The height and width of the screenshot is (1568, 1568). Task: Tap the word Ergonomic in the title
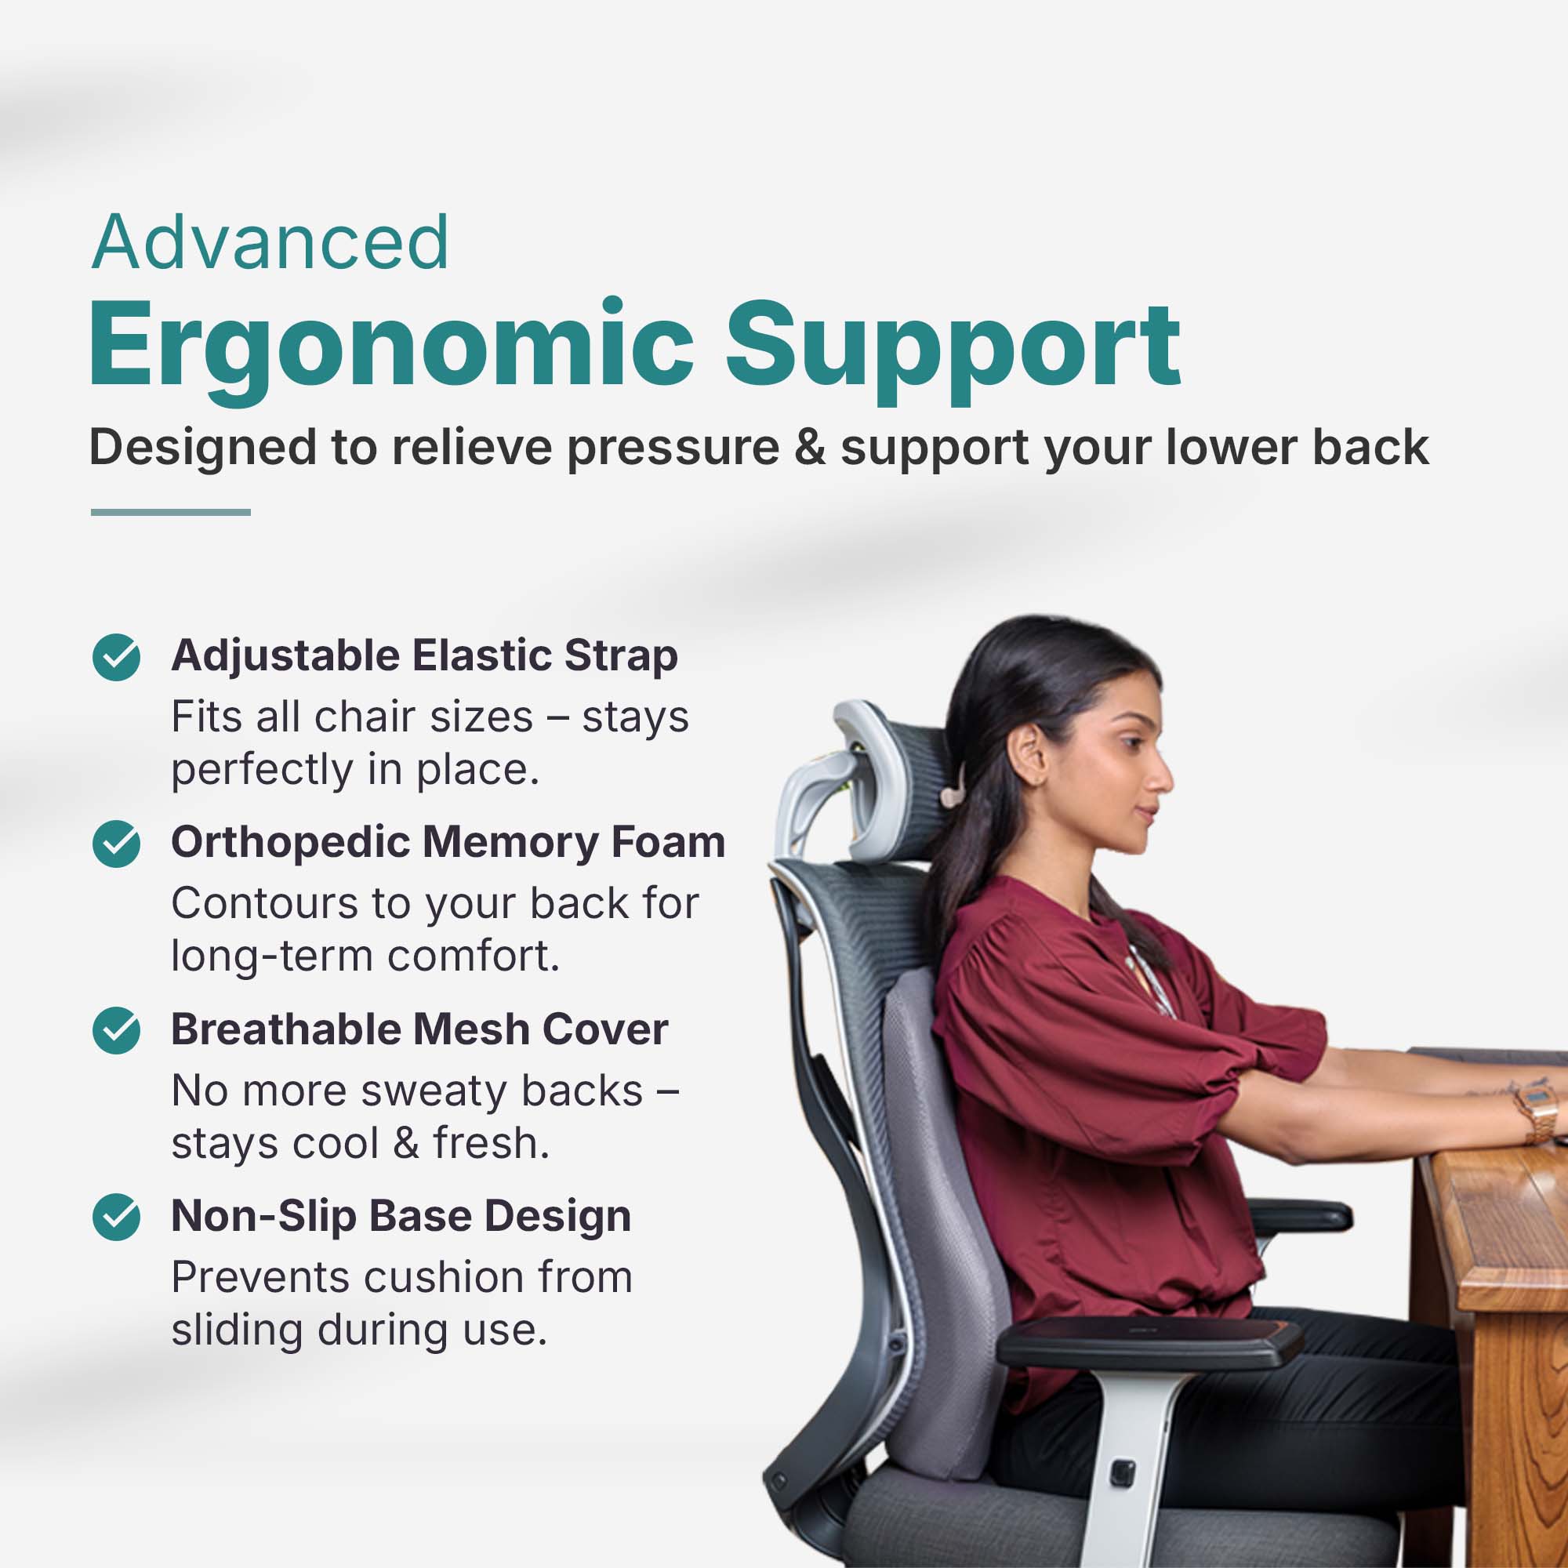390,347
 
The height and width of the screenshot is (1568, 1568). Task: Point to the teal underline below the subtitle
170,512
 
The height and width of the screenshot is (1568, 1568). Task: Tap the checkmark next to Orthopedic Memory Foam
116,844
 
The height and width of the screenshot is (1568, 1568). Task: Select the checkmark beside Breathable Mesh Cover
116,1030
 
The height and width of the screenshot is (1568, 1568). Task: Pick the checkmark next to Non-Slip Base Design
116,1217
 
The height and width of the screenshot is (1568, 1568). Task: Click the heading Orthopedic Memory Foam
448,844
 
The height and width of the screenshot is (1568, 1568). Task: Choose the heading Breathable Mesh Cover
419,1029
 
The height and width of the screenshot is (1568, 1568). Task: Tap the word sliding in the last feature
235,1331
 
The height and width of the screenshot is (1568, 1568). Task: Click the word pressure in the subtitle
673,448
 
